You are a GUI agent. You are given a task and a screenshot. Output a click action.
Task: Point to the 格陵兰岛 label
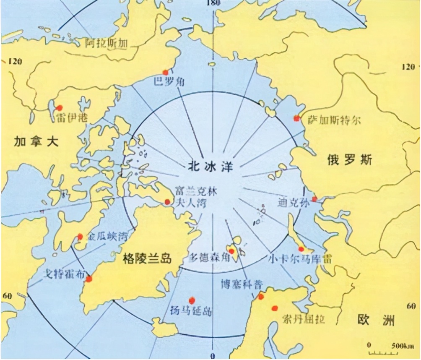pos(148,258)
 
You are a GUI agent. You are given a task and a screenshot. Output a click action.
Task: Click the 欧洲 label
pos(376,320)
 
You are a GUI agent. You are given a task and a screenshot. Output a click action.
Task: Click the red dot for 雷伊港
pos(60,107)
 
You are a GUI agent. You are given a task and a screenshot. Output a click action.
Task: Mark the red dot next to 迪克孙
pos(314,199)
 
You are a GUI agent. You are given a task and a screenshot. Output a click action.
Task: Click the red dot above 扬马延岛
pos(192,300)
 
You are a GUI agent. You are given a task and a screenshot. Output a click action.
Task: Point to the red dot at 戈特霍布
pos(88,279)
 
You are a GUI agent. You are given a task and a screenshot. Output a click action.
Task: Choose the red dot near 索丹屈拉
pos(275,308)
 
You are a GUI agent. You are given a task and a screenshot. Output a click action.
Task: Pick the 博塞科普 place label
pos(242,284)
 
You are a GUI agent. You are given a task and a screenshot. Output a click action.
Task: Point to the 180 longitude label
pos(213,3)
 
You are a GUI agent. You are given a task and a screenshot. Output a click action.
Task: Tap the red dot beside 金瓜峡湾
pos(80,237)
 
